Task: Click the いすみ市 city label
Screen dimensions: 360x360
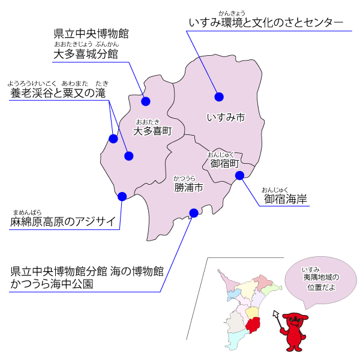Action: pyautogui.click(x=225, y=118)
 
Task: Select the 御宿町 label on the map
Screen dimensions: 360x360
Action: pyautogui.click(x=225, y=163)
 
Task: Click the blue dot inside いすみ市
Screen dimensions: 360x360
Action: pyautogui.click(x=219, y=97)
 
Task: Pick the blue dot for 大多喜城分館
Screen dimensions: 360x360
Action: pyautogui.click(x=146, y=101)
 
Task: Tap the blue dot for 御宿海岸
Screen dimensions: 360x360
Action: pyautogui.click(x=239, y=176)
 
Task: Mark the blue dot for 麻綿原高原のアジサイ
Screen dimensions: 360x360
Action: pyautogui.click(x=122, y=196)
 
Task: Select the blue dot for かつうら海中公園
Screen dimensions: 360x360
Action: pyautogui.click(x=193, y=212)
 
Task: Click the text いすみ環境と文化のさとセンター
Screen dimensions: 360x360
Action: pyautogui.click(x=266, y=23)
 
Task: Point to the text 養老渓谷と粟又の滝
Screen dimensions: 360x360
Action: pyautogui.click(x=58, y=94)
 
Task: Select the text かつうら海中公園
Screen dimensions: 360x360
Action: pyautogui.click(x=52, y=284)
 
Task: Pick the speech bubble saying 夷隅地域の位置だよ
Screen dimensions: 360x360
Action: pyautogui.click(x=320, y=281)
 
